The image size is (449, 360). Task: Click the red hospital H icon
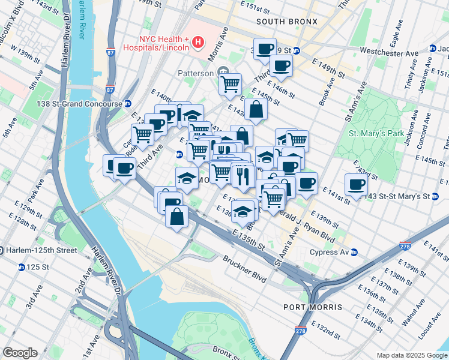(x=197, y=43)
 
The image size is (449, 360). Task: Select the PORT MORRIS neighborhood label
(x=313, y=307)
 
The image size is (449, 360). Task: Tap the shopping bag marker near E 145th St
(x=256, y=109)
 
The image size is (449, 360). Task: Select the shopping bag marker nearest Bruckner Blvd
(x=176, y=217)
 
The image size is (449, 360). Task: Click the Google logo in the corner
(x=20, y=353)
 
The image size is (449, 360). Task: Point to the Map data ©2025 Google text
(x=411, y=355)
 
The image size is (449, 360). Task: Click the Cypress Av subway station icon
(x=354, y=252)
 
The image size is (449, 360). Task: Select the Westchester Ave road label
(x=388, y=53)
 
